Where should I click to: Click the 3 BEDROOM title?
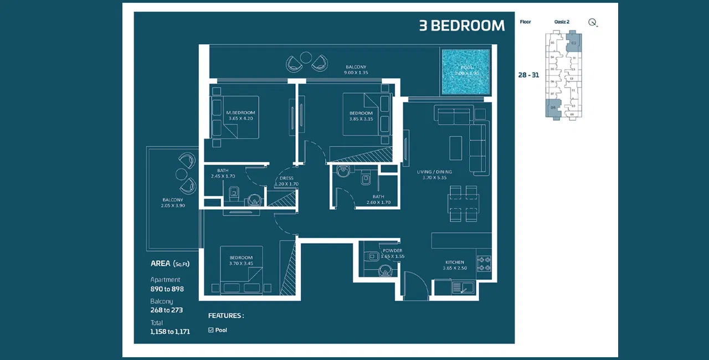[x=461, y=26]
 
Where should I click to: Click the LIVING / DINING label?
[x=434, y=172]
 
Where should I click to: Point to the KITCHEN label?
[x=455, y=263]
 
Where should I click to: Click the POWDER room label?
[x=393, y=251]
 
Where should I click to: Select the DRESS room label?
[x=286, y=178]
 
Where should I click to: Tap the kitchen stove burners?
[x=484, y=263]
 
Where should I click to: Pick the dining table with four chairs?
[x=464, y=204]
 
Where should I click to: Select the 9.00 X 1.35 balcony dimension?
[x=355, y=73]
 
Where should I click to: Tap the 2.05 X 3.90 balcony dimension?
[x=173, y=206]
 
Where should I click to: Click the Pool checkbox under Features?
[x=211, y=330]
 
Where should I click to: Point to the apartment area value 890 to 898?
[x=167, y=289]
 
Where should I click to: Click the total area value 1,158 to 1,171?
[x=170, y=332]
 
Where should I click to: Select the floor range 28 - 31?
[x=528, y=75]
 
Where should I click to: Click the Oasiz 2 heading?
[x=562, y=22]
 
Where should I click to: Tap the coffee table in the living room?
[x=455, y=147]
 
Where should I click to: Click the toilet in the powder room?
[x=385, y=271]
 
